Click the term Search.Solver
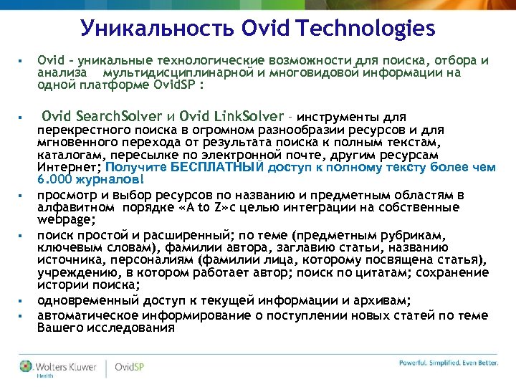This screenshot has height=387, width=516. coord(119,116)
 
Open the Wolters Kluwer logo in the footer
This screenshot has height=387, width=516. coord(60,368)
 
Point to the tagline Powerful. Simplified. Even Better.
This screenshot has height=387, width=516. coord(448,363)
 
